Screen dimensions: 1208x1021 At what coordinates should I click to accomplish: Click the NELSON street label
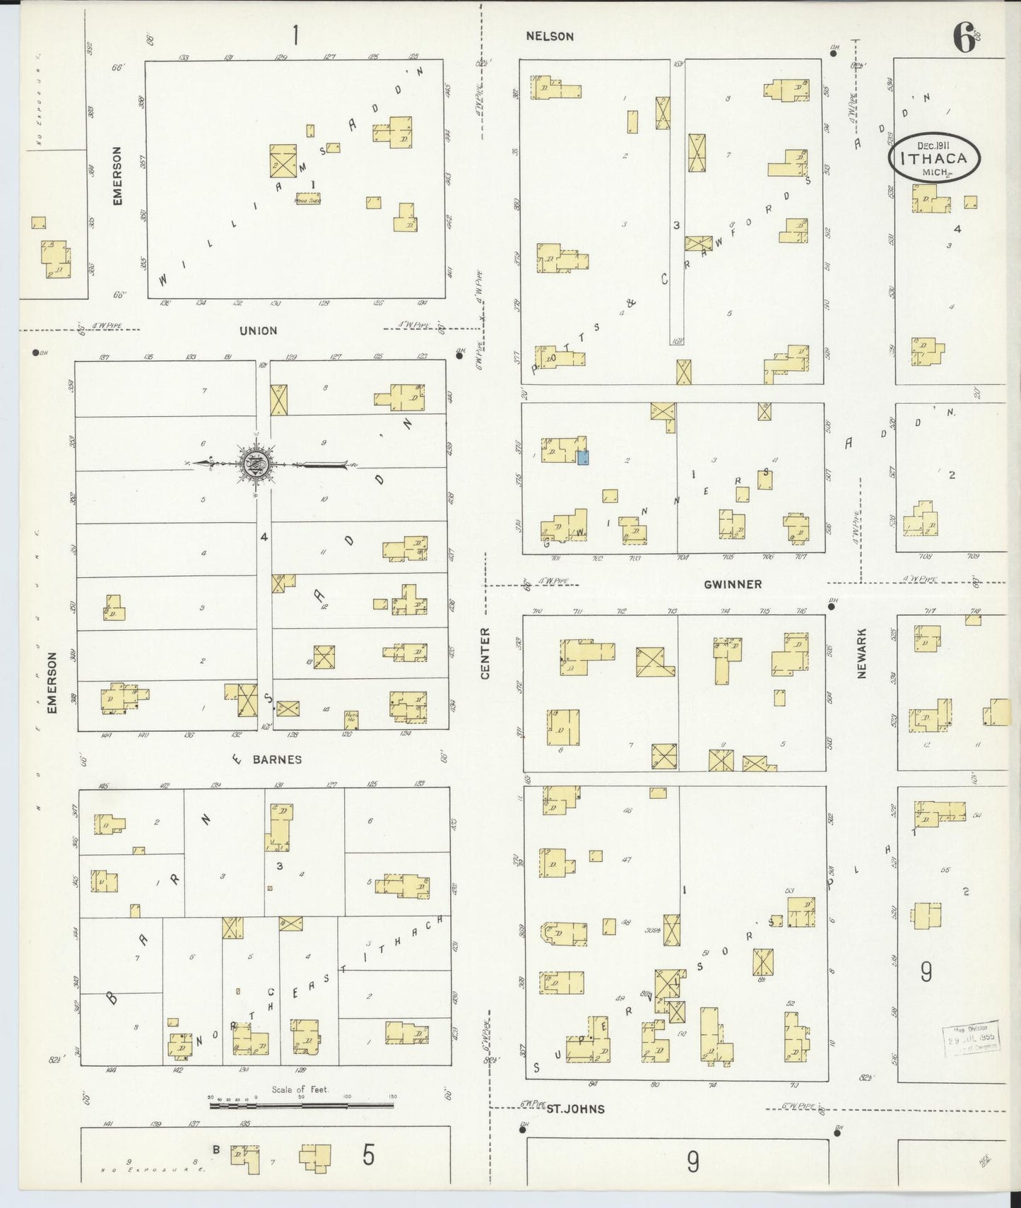(549, 36)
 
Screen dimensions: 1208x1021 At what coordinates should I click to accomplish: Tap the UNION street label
(258, 331)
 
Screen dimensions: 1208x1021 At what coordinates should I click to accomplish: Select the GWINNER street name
(732, 584)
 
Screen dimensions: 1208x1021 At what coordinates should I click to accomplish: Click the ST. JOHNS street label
(575, 1108)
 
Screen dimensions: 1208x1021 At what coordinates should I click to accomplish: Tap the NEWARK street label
(861, 653)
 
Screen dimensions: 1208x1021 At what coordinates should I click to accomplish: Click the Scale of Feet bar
(301, 1105)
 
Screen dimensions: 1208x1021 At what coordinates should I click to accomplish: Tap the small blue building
(583, 458)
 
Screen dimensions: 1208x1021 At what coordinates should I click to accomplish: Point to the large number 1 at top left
(295, 35)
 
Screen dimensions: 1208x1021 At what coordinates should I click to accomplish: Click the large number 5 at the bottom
(368, 1154)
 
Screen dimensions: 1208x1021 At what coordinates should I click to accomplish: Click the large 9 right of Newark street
(926, 973)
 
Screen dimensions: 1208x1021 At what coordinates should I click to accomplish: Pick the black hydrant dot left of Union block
(35, 353)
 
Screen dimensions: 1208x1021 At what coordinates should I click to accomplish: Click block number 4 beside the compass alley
(264, 537)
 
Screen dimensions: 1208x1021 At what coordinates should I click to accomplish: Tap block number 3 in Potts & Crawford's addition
(676, 225)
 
